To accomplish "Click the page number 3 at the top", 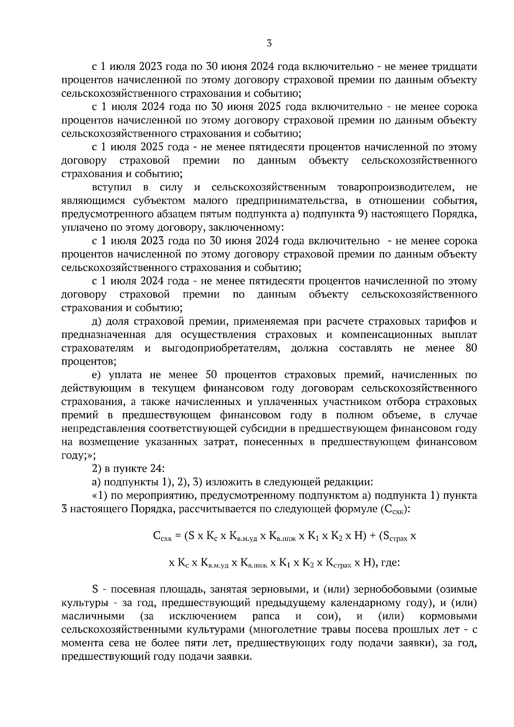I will (269, 43).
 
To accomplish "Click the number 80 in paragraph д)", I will (471, 348).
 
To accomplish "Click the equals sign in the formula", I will (178, 536).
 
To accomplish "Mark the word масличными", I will (93, 617).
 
